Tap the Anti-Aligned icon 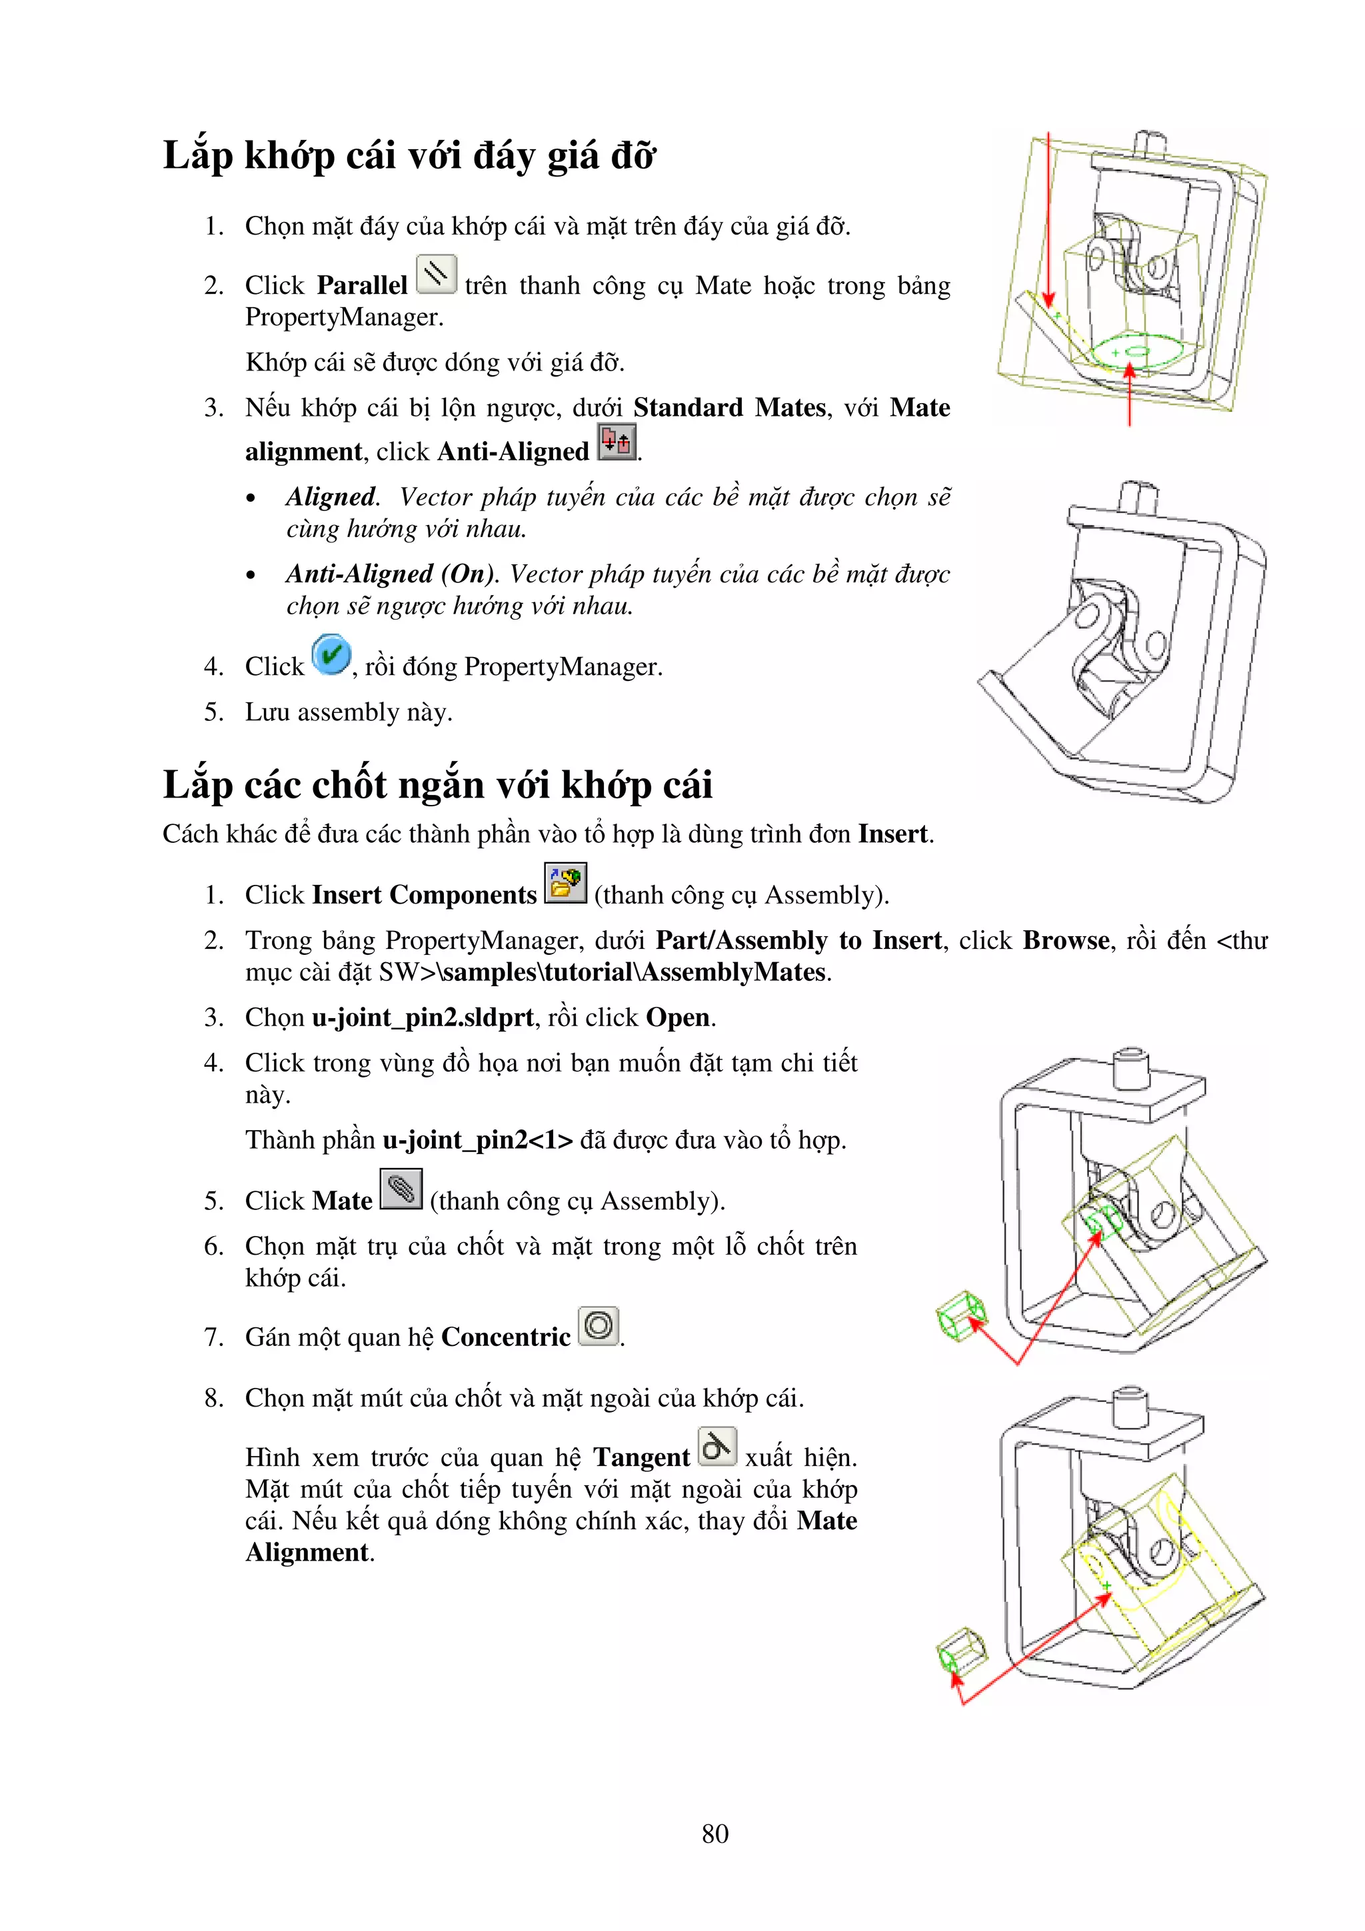617,442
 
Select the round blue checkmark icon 331,655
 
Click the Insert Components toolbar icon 565,883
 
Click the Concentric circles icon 599,1326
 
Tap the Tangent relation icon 716,1447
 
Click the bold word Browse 1066,940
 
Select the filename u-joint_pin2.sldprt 422,1017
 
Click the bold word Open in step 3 678,1017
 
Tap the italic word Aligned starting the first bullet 331,497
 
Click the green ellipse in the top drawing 1133,350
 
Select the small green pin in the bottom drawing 960,1650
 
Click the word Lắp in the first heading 197,157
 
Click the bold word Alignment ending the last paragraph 307,1553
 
